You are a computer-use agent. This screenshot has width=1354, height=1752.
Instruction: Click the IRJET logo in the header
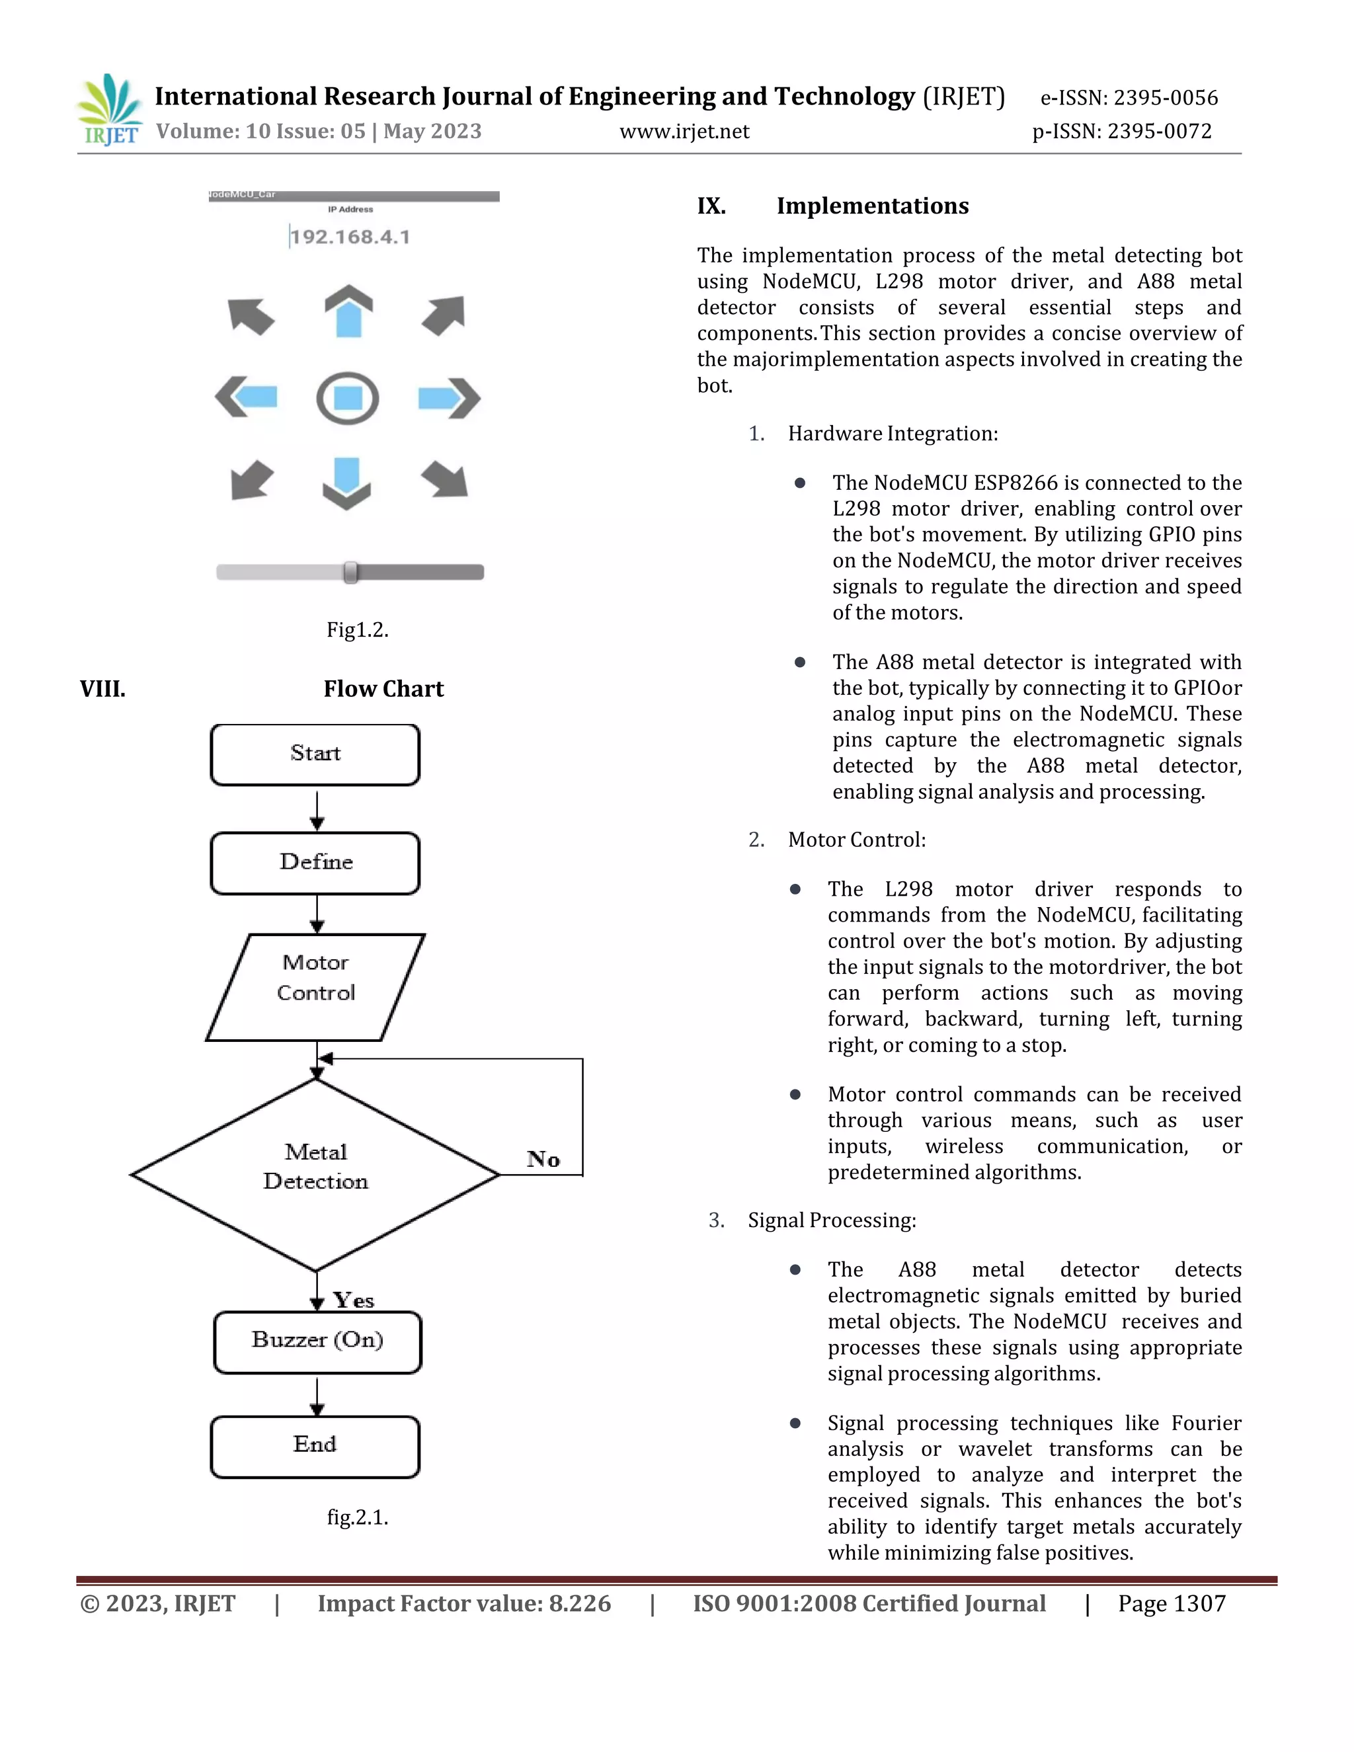[110, 109]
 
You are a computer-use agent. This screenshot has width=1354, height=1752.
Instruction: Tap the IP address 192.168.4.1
[350, 237]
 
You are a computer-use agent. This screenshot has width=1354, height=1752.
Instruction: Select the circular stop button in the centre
[347, 398]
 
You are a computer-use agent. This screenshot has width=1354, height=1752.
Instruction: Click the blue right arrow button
[448, 398]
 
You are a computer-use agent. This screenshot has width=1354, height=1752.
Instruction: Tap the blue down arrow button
[346, 483]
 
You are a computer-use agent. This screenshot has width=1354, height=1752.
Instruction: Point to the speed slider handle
[350, 572]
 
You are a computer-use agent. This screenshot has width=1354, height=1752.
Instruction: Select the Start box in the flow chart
[315, 754]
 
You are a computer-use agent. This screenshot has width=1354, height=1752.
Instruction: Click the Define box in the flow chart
[315, 862]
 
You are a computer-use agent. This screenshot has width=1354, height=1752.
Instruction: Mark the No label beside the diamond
[543, 1159]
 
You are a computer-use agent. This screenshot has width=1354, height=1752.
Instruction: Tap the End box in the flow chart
[315, 1447]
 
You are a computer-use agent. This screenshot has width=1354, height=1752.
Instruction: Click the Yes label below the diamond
[354, 1300]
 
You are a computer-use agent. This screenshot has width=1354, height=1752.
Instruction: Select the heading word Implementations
[872, 206]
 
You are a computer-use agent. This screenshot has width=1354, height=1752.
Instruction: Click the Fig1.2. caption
[357, 629]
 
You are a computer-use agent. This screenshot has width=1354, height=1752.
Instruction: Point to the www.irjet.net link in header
[684, 132]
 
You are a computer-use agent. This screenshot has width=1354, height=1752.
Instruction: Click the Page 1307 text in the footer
[1171, 1604]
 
